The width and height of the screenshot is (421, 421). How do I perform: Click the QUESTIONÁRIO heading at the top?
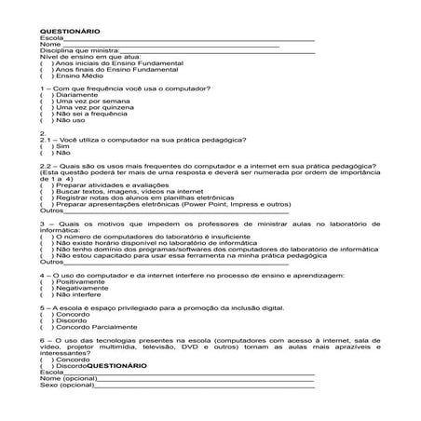coord(71,31)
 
